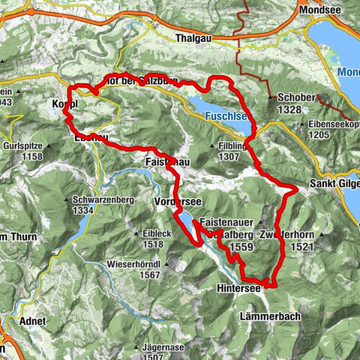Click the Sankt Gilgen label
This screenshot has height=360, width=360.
[334, 184]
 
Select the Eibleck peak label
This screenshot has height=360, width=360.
[152, 233]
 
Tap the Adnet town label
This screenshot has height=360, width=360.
[33, 321]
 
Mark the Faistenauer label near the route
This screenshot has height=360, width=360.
[227, 223]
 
